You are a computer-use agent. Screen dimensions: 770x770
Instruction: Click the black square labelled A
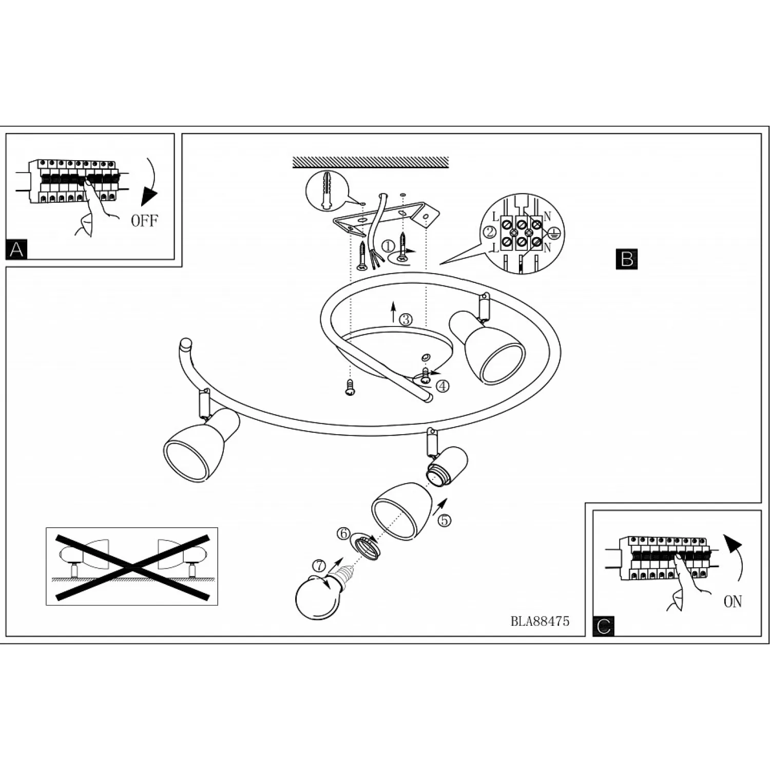pyautogui.click(x=16, y=249)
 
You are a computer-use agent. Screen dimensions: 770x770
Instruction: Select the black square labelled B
pyautogui.click(x=626, y=259)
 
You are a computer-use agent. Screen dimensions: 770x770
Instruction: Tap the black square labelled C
pyautogui.click(x=604, y=626)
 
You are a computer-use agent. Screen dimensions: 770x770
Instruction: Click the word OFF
pyautogui.click(x=145, y=221)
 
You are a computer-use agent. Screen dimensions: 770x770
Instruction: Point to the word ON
pyautogui.click(x=733, y=602)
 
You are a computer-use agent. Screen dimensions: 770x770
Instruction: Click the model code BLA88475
pyautogui.click(x=540, y=621)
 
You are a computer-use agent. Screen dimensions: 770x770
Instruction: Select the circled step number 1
pyautogui.click(x=389, y=246)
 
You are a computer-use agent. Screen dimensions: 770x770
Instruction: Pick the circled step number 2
pyautogui.click(x=490, y=232)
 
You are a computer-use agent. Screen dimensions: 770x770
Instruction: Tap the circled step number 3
pyautogui.click(x=406, y=319)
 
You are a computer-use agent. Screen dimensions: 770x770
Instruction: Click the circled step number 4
pyautogui.click(x=442, y=386)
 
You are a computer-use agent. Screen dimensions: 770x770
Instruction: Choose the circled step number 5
pyautogui.click(x=445, y=520)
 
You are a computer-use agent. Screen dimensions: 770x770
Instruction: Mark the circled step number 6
pyautogui.click(x=343, y=533)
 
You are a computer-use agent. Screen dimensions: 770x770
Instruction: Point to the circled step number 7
pyautogui.click(x=319, y=566)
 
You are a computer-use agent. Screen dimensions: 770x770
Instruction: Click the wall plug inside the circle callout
pyautogui.click(x=326, y=190)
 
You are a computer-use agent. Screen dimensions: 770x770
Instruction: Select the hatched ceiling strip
pyautogui.click(x=370, y=162)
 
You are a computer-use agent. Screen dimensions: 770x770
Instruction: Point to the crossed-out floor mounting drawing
pyautogui.click(x=132, y=566)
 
